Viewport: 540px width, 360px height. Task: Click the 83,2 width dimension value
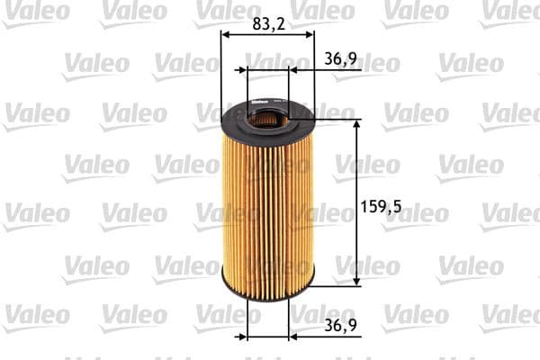tap(268, 24)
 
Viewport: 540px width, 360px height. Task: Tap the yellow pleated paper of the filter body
tap(267, 207)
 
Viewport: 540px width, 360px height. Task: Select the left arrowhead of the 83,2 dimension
tap(226, 35)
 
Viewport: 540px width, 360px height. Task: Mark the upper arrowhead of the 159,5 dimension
tap(358, 125)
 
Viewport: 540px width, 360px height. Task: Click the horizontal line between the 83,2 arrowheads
tap(267, 35)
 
